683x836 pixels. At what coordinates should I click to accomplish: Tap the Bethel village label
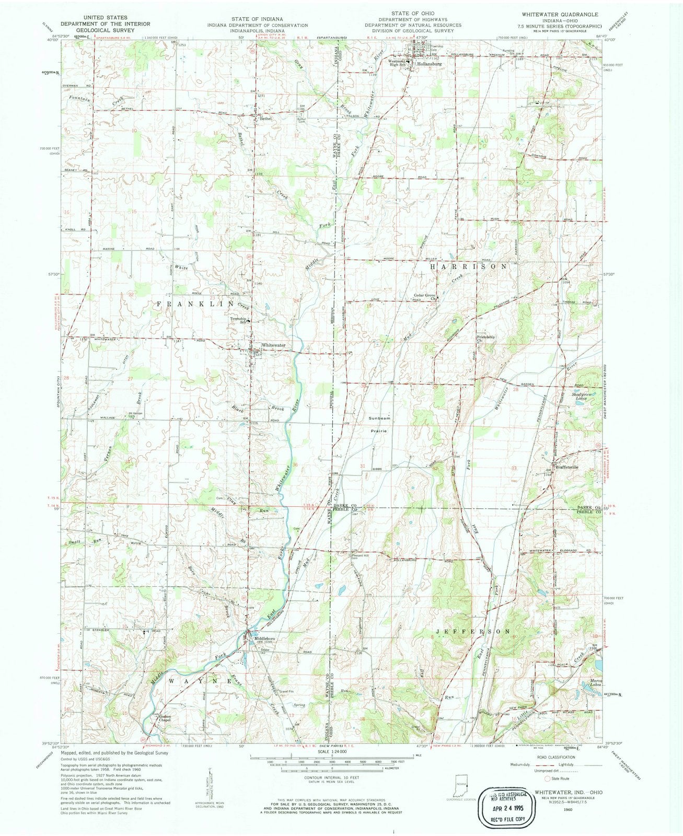click(267, 119)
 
